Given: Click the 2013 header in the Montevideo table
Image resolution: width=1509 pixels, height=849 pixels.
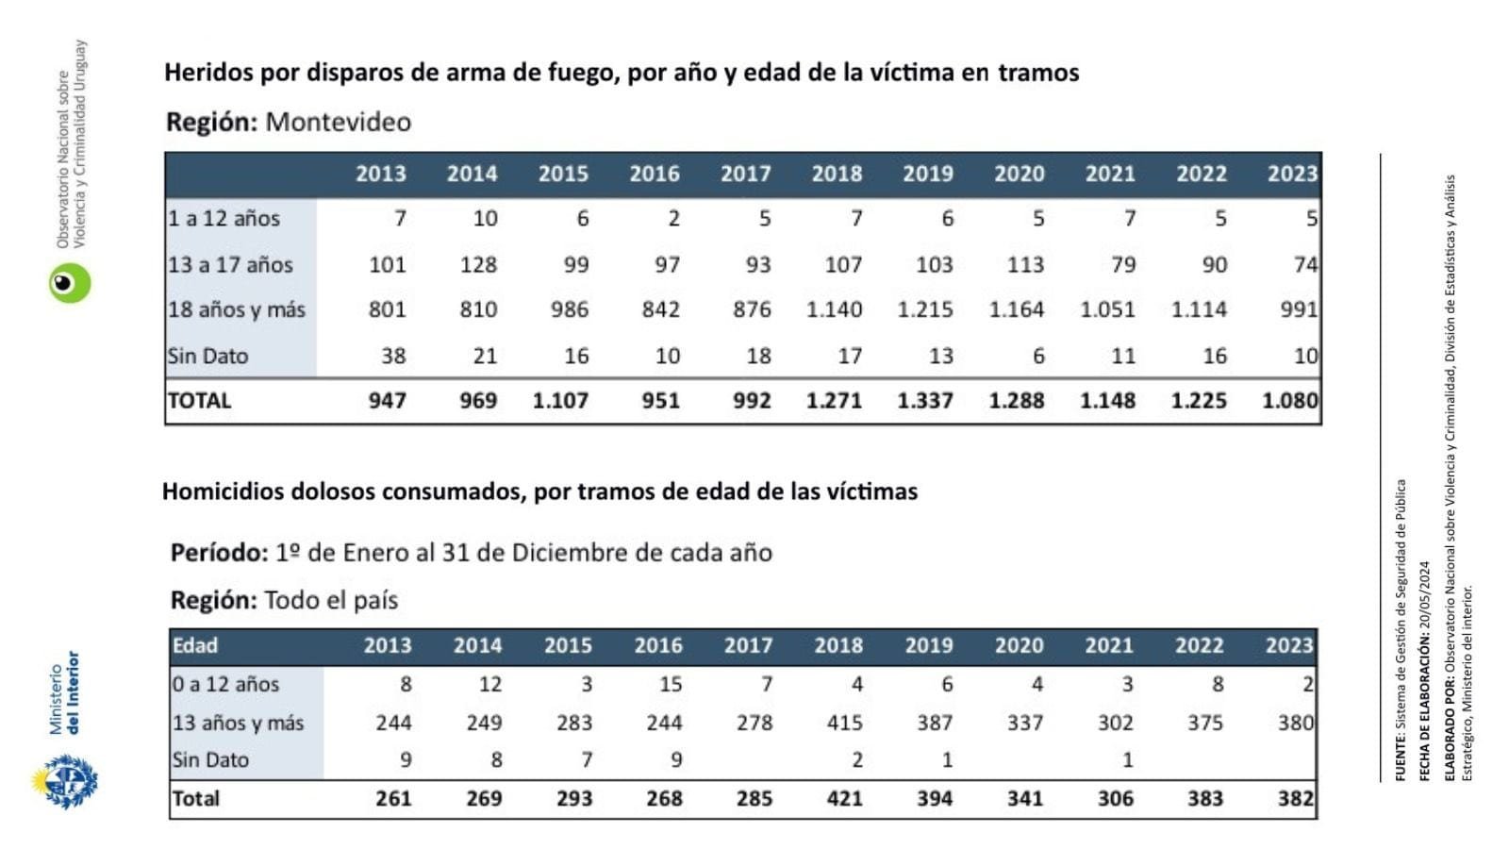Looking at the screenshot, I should (x=381, y=174).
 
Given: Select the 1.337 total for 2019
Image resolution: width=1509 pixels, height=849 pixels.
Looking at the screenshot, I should (x=925, y=401).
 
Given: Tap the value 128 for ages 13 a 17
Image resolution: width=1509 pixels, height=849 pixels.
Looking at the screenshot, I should (x=478, y=265).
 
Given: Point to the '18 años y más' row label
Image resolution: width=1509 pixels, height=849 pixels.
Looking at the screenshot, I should (x=237, y=309).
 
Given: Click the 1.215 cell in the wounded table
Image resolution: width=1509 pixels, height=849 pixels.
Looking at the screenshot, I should (x=925, y=309).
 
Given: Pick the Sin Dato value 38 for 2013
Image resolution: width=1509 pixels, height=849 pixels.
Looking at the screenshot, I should (x=393, y=356).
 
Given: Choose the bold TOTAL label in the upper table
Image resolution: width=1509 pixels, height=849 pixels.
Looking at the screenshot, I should (x=199, y=401).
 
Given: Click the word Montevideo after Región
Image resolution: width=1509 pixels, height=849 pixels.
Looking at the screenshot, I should (x=338, y=122).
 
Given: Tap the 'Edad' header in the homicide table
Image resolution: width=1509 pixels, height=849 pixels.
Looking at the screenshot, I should (x=195, y=645).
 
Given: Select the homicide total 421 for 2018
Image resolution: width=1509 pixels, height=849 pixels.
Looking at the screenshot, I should (x=844, y=799).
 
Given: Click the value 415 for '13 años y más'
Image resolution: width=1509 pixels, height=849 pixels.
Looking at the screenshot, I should (x=844, y=723).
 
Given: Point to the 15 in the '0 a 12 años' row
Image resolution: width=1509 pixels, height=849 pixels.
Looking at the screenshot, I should (x=671, y=684).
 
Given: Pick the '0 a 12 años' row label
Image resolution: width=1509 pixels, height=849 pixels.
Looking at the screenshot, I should (x=225, y=684).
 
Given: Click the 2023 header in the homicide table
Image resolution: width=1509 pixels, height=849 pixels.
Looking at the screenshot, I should (x=1288, y=645).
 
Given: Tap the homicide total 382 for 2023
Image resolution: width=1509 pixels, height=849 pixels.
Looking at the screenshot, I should (x=1295, y=799).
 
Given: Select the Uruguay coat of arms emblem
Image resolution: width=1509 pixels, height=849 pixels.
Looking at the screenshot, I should (x=67, y=781).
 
